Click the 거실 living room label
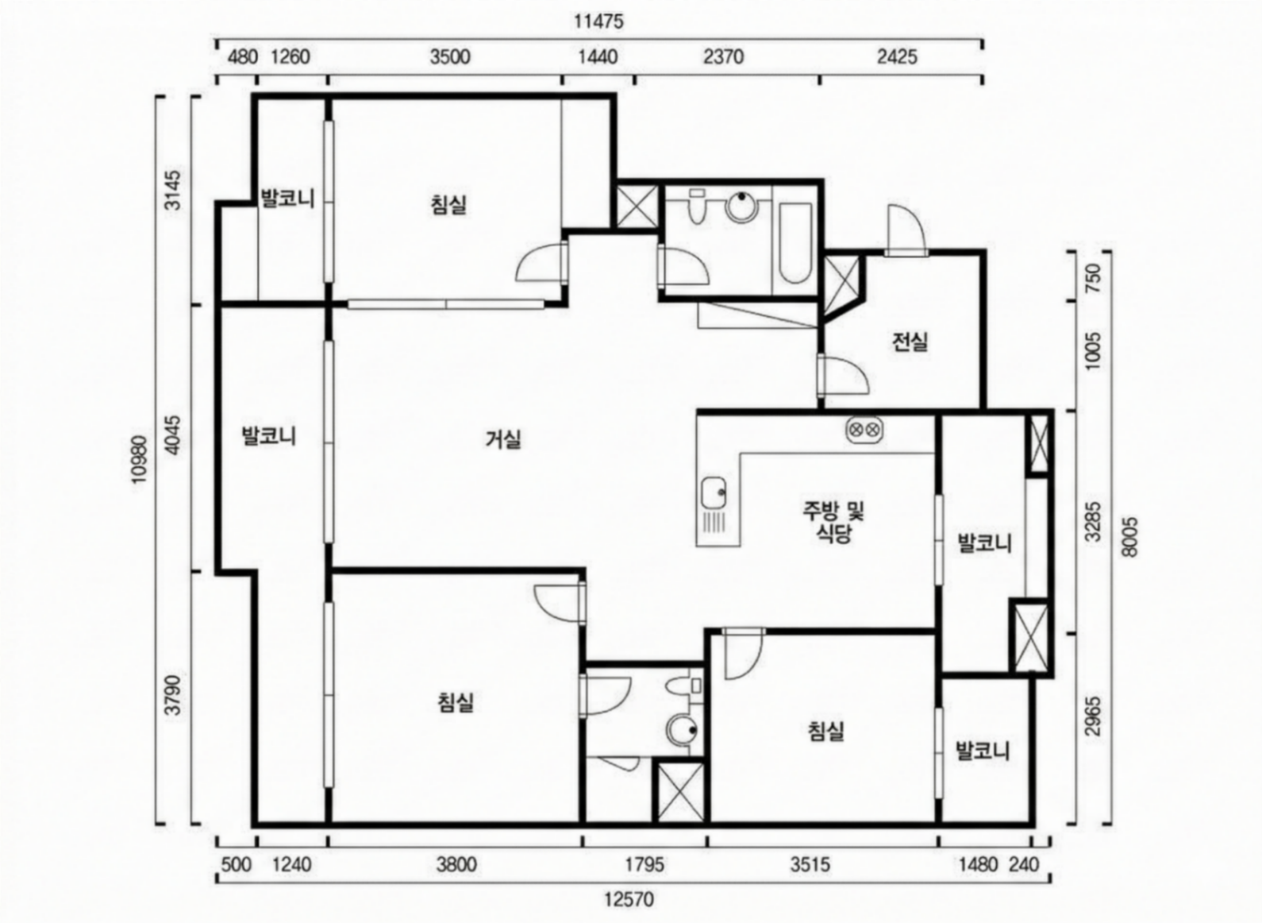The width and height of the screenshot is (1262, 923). [x=503, y=439]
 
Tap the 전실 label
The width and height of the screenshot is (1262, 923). [x=910, y=342]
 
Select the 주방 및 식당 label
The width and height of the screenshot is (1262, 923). [x=833, y=523]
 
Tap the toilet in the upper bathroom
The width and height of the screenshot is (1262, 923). [x=697, y=207]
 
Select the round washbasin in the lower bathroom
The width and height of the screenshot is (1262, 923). [x=683, y=731]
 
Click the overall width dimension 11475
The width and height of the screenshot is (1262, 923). [x=599, y=21]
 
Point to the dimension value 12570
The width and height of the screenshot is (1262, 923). [x=629, y=899]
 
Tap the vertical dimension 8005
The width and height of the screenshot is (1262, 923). [x=1129, y=537]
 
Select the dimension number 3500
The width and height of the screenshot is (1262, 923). [x=450, y=57]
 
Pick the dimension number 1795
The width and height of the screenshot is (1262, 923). [x=644, y=864]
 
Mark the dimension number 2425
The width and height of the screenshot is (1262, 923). [x=898, y=57]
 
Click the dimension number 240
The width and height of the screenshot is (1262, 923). [x=1024, y=864]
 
